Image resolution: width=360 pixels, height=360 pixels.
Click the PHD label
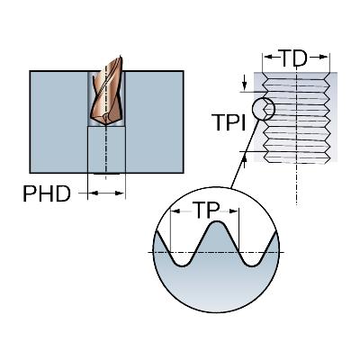[47, 194]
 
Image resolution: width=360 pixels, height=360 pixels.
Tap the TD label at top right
[293, 58]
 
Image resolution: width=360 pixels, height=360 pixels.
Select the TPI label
[229, 122]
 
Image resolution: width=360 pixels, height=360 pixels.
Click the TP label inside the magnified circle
[206, 210]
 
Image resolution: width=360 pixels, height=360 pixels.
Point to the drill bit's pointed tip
[106, 125]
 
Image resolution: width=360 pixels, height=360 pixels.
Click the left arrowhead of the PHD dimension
[94, 193]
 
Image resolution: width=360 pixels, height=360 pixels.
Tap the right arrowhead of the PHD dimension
[120, 193]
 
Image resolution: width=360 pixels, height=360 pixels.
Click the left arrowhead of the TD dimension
[268, 57]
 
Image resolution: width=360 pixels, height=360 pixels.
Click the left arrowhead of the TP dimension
[175, 211]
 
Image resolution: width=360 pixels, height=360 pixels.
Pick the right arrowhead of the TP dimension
[234, 211]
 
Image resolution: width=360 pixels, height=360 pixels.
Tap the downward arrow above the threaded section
[245, 83]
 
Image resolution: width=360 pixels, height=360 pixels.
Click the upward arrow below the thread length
[245, 160]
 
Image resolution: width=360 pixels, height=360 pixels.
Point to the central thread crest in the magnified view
[217, 222]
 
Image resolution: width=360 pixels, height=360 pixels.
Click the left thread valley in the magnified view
[183, 265]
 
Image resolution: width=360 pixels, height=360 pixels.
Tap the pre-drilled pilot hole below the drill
[106, 149]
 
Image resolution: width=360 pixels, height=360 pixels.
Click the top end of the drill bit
[121, 56]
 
